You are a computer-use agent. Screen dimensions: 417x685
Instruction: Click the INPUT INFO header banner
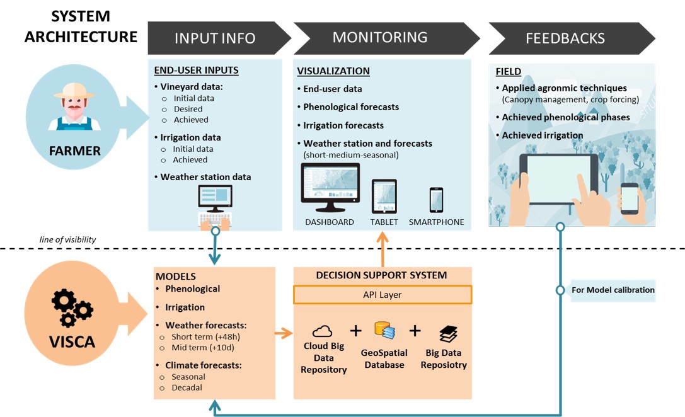pos(215,38)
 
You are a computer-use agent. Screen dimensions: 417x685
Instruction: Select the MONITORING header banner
pos(379,38)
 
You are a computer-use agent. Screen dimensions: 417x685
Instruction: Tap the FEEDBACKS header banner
pos(565,38)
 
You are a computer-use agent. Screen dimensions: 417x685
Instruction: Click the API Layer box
pos(383,295)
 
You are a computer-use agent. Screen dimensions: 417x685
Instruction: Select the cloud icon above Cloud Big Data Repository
pos(322,331)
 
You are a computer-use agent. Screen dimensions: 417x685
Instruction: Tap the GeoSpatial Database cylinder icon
pos(384,330)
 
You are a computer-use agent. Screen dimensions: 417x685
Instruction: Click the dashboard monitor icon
pos(330,188)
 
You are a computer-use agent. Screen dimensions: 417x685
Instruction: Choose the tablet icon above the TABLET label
pos(384,196)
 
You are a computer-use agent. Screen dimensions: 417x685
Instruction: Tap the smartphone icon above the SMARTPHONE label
pos(436,200)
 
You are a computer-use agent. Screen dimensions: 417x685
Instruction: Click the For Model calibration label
pos(613,290)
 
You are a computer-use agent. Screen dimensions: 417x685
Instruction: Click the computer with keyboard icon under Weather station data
pos(215,208)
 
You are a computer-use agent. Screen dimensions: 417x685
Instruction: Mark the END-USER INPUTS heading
pos(196,70)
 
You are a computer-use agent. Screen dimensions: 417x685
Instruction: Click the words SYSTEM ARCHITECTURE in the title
pos(81,26)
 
